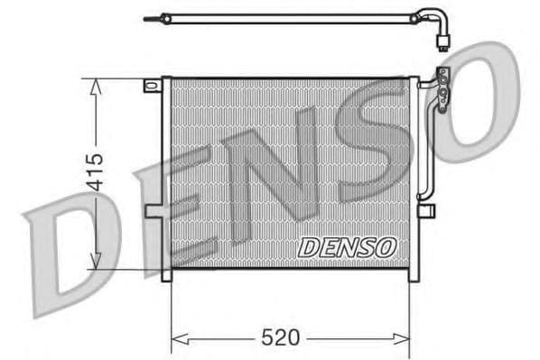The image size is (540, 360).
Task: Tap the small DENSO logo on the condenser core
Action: (x=346, y=245)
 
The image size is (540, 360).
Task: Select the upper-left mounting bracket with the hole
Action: (x=151, y=86)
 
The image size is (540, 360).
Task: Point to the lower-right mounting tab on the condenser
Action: (x=427, y=210)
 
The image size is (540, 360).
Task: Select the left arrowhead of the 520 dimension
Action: (x=177, y=338)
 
